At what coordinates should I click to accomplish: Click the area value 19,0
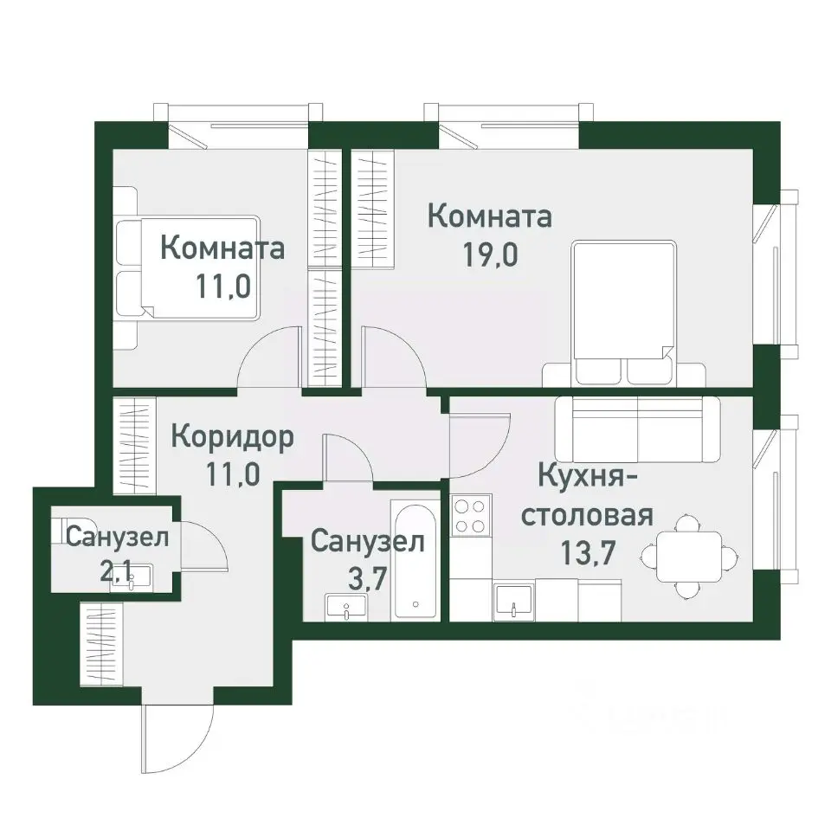[x=491, y=258]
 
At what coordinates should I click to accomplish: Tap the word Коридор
[x=232, y=435]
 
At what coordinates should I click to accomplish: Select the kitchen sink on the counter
[x=514, y=599]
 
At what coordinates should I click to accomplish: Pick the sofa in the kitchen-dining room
[x=639, y=430]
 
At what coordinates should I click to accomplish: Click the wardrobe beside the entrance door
[x=101, y=642]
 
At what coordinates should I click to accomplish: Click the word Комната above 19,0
[x=491, y=216]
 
